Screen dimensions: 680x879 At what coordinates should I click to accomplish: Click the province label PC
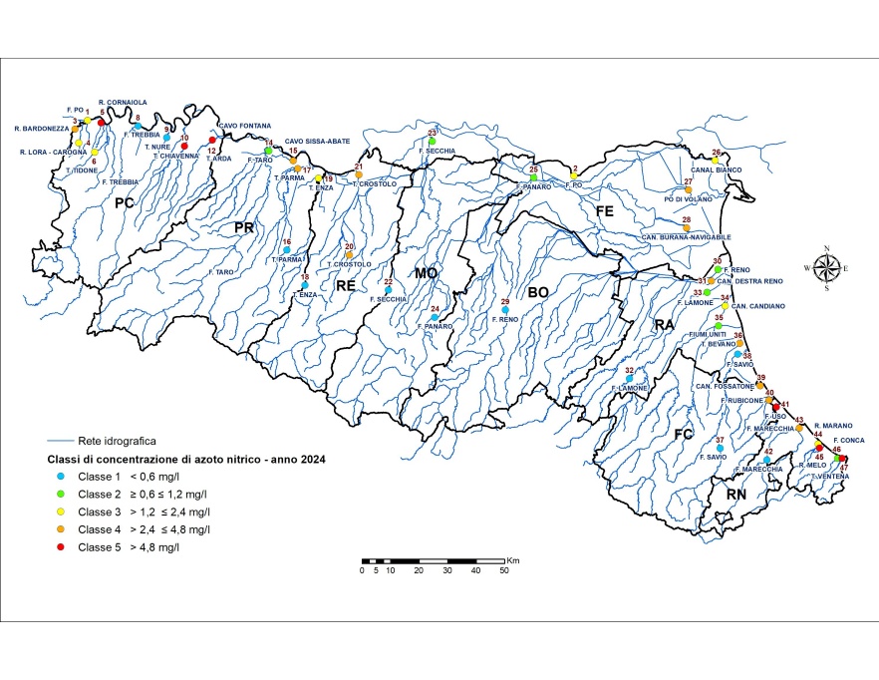124,203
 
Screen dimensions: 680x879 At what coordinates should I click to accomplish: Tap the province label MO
428,271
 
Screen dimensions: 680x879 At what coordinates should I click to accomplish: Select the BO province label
539,293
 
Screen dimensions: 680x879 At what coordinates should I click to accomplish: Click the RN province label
735,495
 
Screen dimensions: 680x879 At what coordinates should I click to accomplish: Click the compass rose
826,267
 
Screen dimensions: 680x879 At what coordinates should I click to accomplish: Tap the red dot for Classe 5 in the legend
62,547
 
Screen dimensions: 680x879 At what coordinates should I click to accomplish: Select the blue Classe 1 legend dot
62,476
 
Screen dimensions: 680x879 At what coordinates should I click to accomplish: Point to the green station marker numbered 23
433,143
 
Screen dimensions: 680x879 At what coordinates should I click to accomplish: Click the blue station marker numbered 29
505,311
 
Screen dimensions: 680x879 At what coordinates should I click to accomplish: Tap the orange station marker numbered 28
687,228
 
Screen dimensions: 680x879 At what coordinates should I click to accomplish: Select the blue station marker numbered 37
720,449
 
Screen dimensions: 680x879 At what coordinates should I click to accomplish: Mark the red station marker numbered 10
184,147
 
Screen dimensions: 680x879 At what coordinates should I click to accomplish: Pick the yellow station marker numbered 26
716,161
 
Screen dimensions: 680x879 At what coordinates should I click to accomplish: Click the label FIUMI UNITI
715,335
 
